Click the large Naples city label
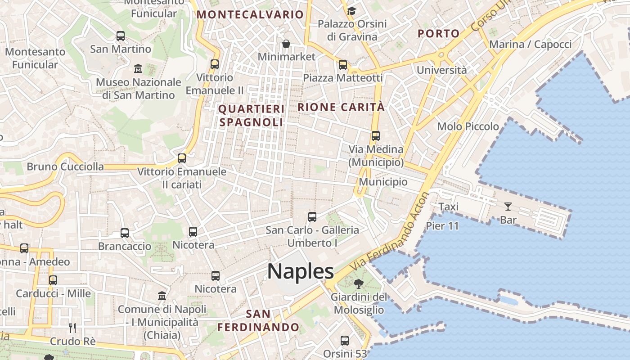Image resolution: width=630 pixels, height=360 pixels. point(301,271)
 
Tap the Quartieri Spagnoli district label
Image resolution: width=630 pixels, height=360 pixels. point(251,116)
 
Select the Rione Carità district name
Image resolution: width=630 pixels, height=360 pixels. point(341,107)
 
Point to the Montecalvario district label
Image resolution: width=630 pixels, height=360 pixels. point(250,14)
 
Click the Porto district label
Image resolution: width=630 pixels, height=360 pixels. point(438,33)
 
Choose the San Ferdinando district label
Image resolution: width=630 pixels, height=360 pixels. point(258,320)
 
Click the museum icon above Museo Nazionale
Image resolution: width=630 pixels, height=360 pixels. point(138,69)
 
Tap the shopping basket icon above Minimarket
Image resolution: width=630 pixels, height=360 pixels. point(286,44)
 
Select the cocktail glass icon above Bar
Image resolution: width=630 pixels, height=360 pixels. point(508,207)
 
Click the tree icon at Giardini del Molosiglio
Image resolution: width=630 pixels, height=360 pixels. point(359,284)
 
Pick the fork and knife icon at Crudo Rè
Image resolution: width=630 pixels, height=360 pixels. point(72,328)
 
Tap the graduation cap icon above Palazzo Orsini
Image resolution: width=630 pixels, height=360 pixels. point(351,10)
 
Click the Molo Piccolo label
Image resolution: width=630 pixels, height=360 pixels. point(468,126)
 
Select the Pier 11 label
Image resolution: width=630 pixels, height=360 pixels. point(442,226)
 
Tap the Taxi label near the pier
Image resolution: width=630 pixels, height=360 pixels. point(448,207)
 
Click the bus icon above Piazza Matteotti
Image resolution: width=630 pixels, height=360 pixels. point(343,65)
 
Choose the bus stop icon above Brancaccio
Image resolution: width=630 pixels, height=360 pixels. point(125,233)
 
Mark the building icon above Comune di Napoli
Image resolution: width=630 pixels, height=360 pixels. point(162,296)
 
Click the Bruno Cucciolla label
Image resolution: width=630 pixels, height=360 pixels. point(65,166)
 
